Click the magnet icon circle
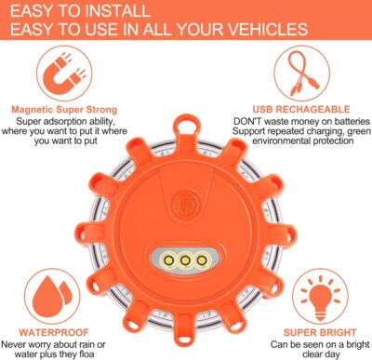pos(64,80)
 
